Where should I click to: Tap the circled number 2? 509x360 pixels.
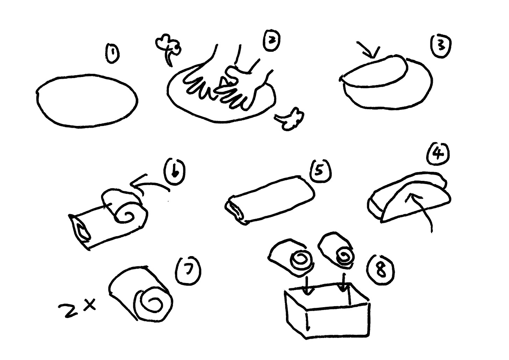click(272, 41)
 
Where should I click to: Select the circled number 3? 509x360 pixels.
click(440, 47)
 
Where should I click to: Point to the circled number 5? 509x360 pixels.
click(320, 171)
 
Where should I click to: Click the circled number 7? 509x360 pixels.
click(188, 271)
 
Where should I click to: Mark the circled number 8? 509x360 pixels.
click(381, 270)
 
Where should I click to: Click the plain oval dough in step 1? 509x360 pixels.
click(87, 100)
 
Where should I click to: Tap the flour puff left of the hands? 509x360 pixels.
click(169, 49)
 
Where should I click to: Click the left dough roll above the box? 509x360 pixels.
click(292, 257)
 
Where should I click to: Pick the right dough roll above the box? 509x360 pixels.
click(336, 249)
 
